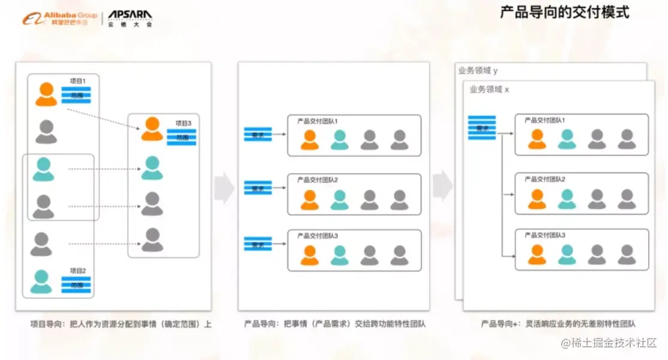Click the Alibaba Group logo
tap(59, 18)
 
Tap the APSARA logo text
tap(130, 15)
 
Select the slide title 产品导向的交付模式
tap(564, 12)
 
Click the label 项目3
tap(183, 123)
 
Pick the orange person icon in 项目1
tap(46, 94)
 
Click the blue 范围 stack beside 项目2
tap(76, 285)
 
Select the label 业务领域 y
tap(477, 71)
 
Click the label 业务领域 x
tap(489, 89)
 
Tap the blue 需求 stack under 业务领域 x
tap(482, 128)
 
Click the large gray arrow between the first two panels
tap(224, 187)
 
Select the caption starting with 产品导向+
tap(558, 324)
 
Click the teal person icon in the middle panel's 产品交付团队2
tap(339, 200)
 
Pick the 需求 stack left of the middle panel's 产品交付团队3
tap(258, 244)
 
